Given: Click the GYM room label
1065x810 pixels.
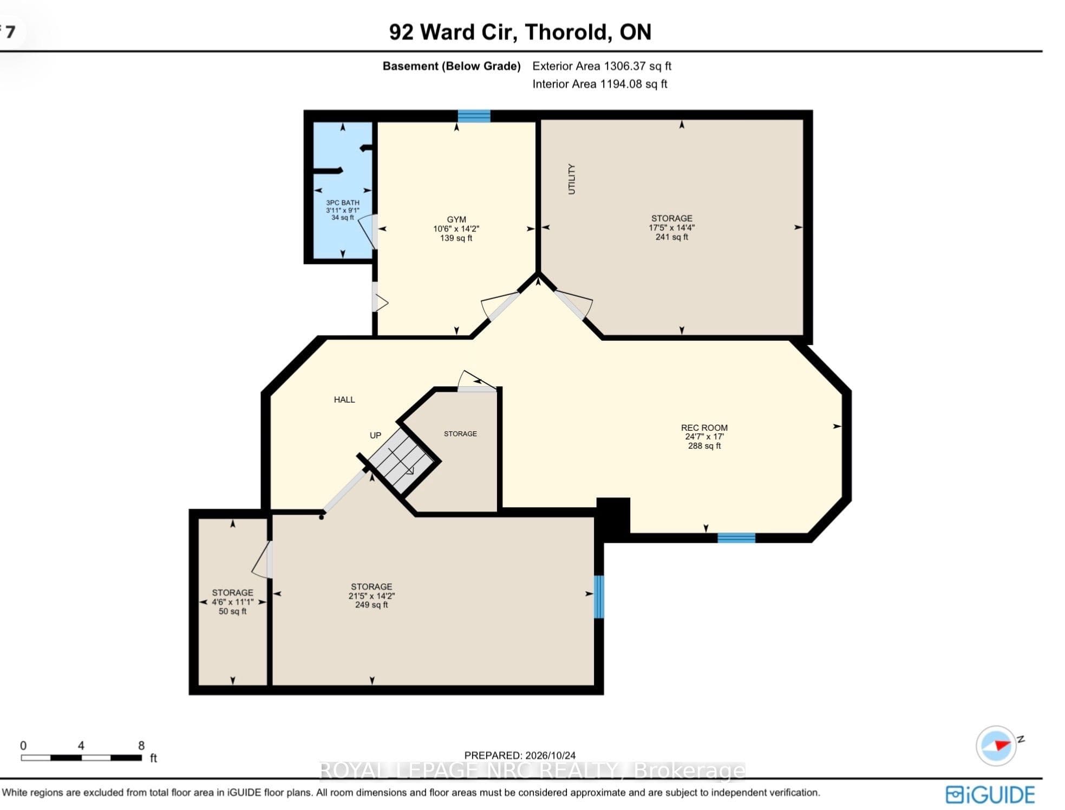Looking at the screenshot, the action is tap(456, 219).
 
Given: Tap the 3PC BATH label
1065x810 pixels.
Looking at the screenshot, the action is tap(342, 203).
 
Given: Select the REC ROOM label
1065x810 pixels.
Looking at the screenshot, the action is tap(704, 427).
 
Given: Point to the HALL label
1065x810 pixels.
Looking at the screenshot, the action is tap(344, 400).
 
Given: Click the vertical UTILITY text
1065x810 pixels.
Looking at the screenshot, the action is tap(571, 179).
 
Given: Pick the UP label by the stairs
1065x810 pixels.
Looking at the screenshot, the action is tap(375, 435).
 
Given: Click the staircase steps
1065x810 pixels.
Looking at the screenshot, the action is tap(401, 461).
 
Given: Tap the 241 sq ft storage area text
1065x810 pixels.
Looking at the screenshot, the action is tap(671, 237).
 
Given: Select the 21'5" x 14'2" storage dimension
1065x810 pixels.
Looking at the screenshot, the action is tap(371, 595).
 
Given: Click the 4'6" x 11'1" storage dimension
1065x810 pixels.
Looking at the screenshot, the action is tap(232, 602).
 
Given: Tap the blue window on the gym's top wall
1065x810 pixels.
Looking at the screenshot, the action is tap(474, 116).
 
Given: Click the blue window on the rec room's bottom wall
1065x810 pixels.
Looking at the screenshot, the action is tap(736, 537).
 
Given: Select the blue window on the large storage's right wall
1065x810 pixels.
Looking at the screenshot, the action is tap(599, 597).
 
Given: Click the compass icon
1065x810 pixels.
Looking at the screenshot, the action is tap(996, 746).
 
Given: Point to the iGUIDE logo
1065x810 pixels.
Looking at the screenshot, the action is tap(990, 795).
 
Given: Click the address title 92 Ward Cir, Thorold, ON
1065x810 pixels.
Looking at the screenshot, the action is tap(520, 32).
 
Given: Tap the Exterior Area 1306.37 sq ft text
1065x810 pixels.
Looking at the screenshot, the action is tap(602, 66).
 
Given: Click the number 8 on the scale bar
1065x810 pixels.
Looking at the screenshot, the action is tap(141, 746).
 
